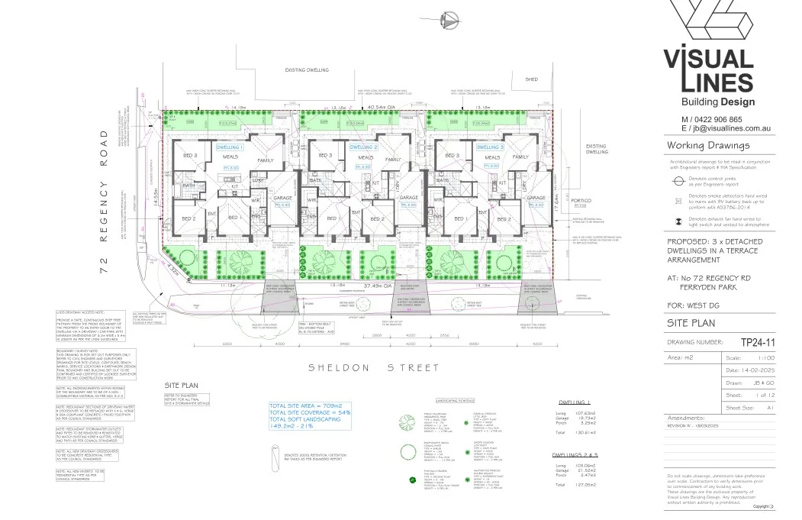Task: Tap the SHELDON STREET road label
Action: click(373, 367)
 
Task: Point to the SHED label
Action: click(531, 79)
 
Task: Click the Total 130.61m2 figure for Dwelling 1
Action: click(568, 431)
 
